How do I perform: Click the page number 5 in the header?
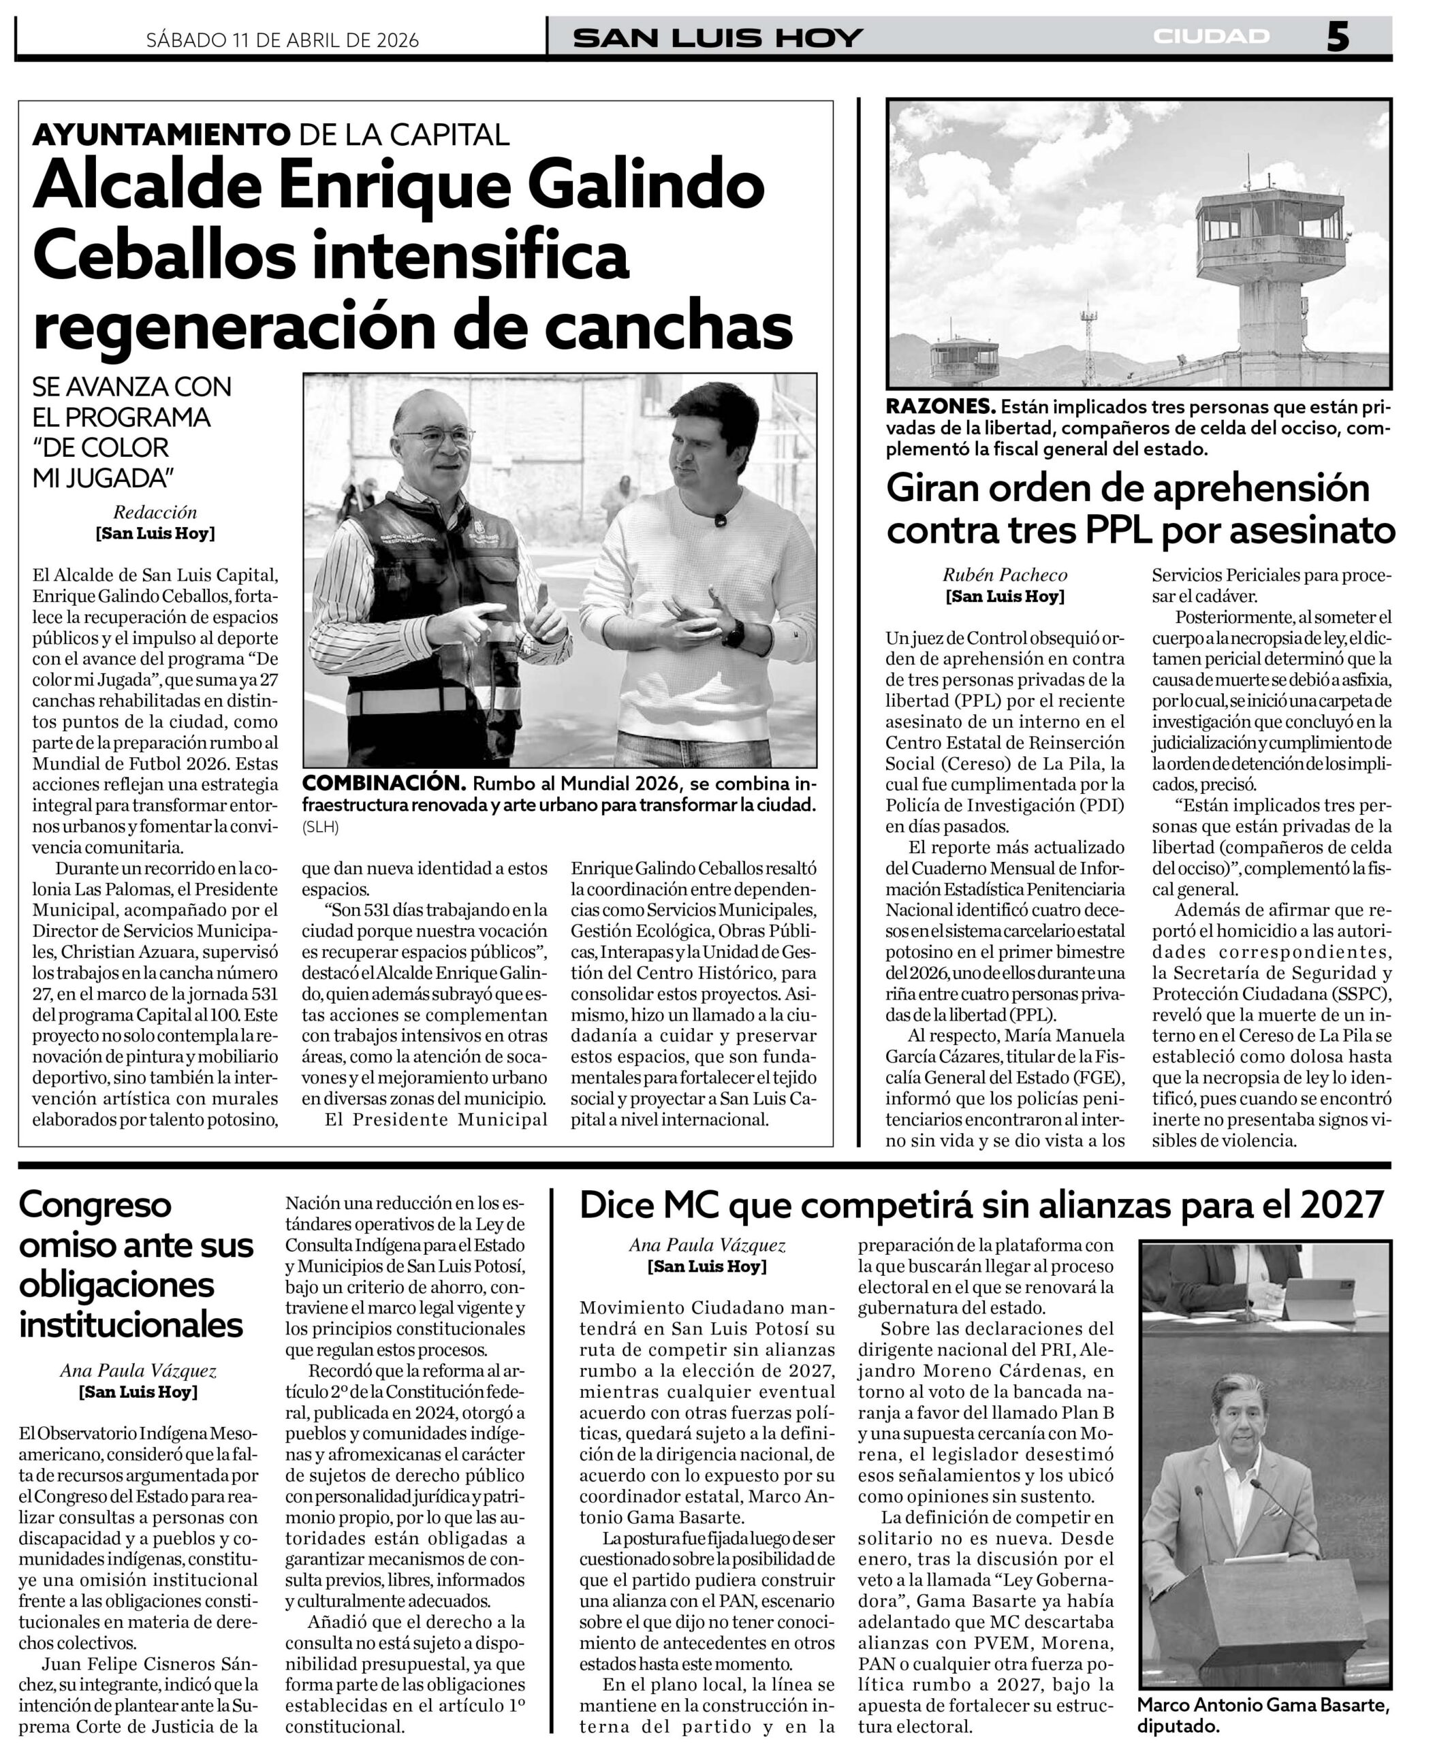[1337, 37]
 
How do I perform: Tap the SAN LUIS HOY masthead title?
[718, 38]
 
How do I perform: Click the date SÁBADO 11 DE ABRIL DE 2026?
[282, 39]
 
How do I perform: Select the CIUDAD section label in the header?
[1211, 36]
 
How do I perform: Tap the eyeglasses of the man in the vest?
[435, 436]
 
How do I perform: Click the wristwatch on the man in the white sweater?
[733, 633]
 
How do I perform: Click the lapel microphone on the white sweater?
[720, 520]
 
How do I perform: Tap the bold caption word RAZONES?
[939, 407]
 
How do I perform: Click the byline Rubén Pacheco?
[1005, 575]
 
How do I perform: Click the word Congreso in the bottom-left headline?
[95, 1205]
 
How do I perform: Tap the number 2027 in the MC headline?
[1341, 1206]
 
